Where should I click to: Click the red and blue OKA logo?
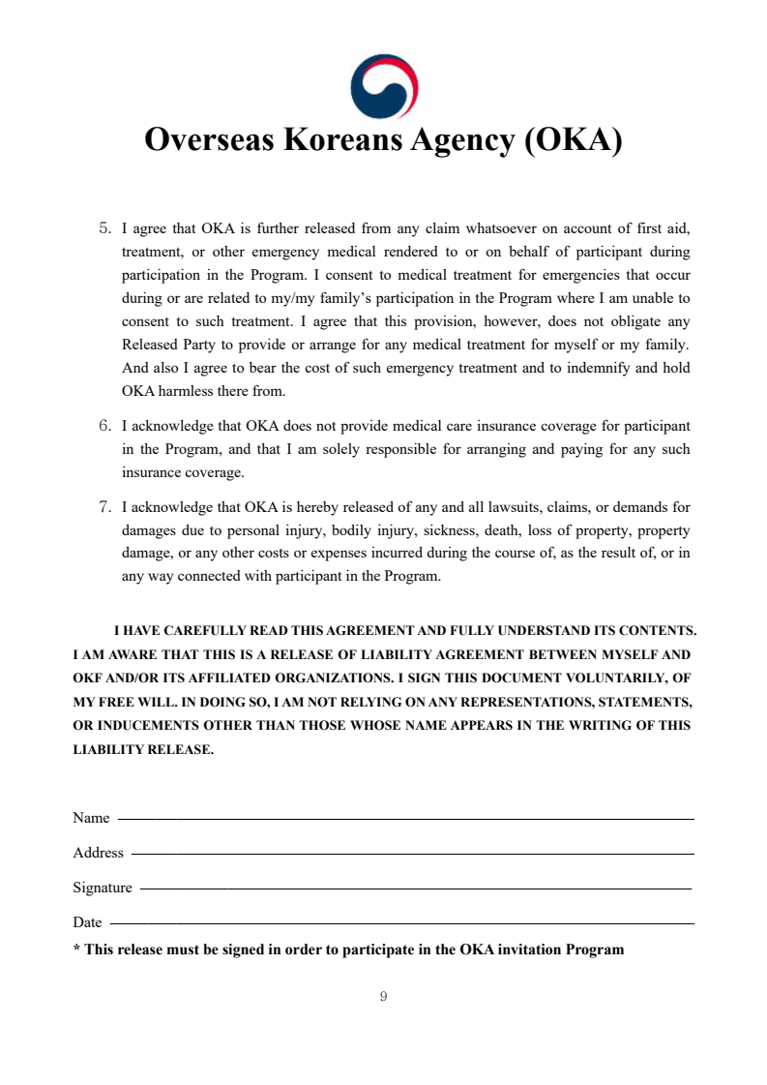[384, 86]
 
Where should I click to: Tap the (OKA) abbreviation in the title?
[573, 140]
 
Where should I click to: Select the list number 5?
[104, 229]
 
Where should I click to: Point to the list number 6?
[104, 426]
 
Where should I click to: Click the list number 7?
[104, 506]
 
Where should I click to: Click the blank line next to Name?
[405, 820]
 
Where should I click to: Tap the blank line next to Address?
[412, 854]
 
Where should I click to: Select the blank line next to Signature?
[416, 889]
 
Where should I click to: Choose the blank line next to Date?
[402, 924]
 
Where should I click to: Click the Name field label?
[91, 819]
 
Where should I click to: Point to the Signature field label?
[102, 888]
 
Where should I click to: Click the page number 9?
[384, 997]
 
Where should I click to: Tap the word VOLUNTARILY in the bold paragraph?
[615, 678]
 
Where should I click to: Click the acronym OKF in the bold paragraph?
[89, 678]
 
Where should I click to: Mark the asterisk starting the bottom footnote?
[76, 949]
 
